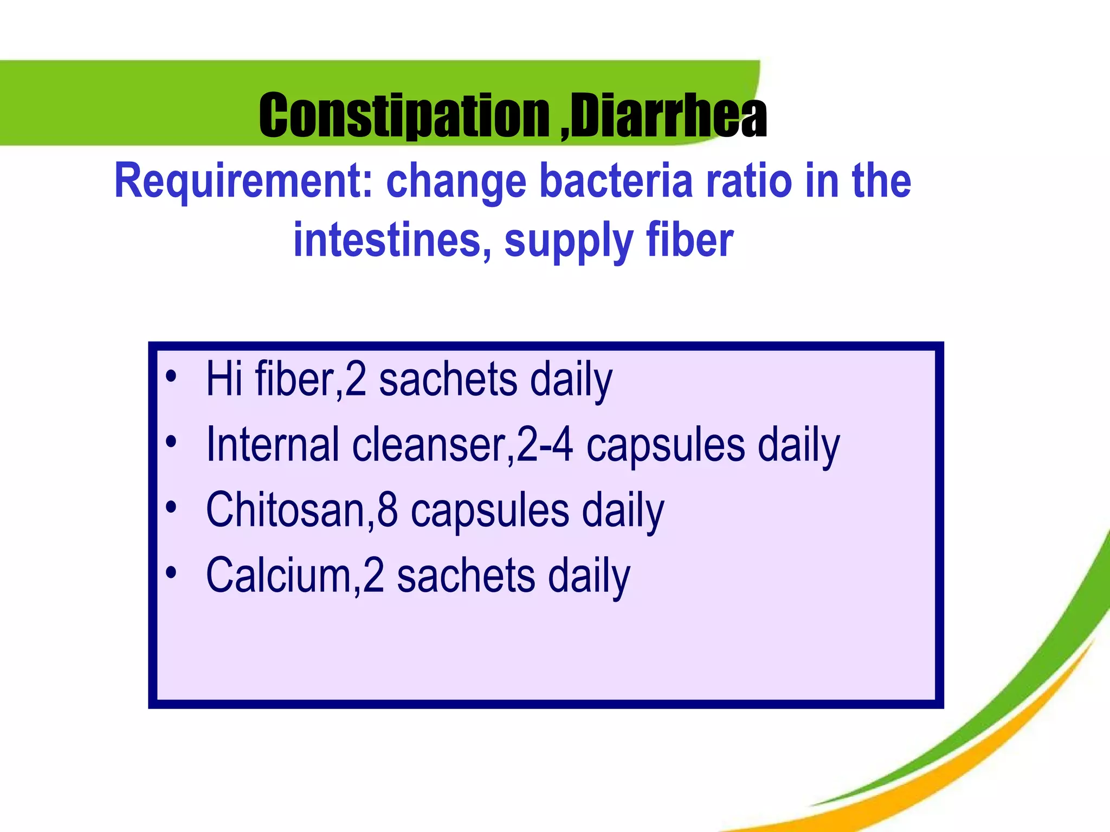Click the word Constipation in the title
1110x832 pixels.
coord(404,115)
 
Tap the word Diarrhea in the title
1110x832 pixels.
coord(669,115)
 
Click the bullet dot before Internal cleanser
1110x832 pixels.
coord(171,442)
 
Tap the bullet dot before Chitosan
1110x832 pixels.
coord(171,508)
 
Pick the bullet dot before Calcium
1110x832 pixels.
coord(171,573)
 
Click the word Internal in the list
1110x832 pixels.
coord(273,445)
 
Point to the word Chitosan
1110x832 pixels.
coord(286,510)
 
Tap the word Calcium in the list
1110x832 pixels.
coord(280,575)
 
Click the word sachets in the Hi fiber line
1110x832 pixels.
coord(448,380)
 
